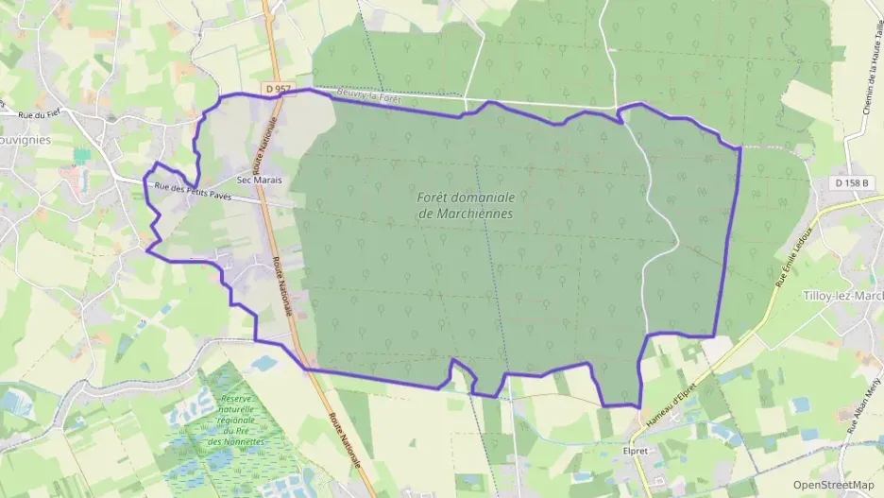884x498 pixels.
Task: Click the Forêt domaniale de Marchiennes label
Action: pyautogui.click(x=465, y=205)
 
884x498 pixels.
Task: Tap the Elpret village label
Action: pyautogui.click(x=637, y=451)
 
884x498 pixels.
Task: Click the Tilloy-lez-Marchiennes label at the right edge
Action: pyautogui.click(x=842, y=296)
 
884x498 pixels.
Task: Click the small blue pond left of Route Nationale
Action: pyautogui.click(x=264, y=363)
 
